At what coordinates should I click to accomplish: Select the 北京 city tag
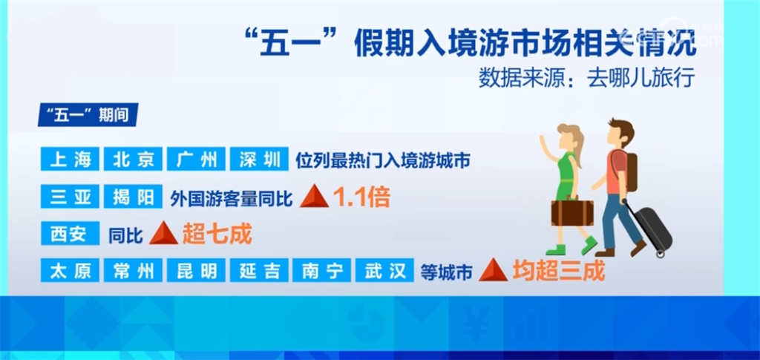133,159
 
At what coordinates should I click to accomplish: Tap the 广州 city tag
196,159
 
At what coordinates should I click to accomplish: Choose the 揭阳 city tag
133,197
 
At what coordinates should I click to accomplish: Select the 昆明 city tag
196,272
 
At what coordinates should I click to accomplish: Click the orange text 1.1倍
361,197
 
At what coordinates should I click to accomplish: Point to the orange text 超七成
217,235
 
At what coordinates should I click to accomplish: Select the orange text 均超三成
558,272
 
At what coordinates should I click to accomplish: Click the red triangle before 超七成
163,235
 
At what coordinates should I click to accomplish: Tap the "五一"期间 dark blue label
88,117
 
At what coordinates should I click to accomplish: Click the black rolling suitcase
652,227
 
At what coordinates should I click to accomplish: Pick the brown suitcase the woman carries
572,212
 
